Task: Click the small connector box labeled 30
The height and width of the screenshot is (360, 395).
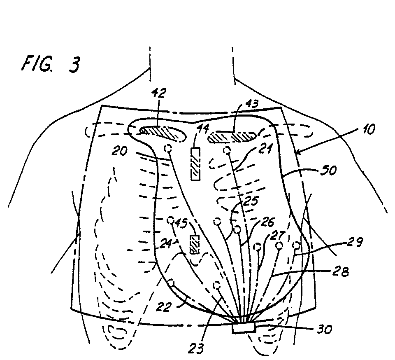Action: point(243,328)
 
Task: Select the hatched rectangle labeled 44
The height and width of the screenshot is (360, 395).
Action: point(195,164)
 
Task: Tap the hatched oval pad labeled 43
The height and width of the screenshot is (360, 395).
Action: point(233,137)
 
